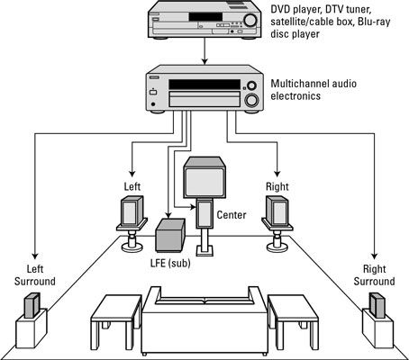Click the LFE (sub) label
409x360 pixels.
(170, 263)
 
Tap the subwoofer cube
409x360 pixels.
(170, 235)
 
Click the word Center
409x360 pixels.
(232, 215)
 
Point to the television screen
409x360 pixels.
(204, 183)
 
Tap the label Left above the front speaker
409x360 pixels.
(132, 186)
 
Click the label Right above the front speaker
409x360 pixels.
(277, 186)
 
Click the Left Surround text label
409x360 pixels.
(35, 275)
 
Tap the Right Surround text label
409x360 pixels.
(374, 275)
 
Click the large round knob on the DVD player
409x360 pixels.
(250, 20)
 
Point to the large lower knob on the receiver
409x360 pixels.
(251, 100)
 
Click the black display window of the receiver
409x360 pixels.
(204, 85)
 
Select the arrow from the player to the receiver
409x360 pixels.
(204, 51)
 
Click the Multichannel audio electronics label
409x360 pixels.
(314, 90)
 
